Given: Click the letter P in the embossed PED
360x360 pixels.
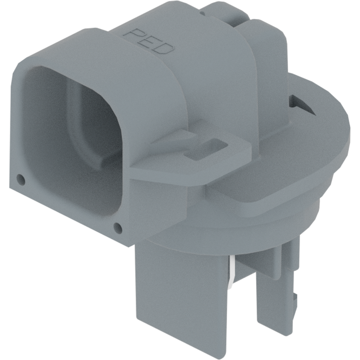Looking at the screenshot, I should pos(135,36).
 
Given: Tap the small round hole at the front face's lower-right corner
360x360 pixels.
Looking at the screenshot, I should pos(118,228).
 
